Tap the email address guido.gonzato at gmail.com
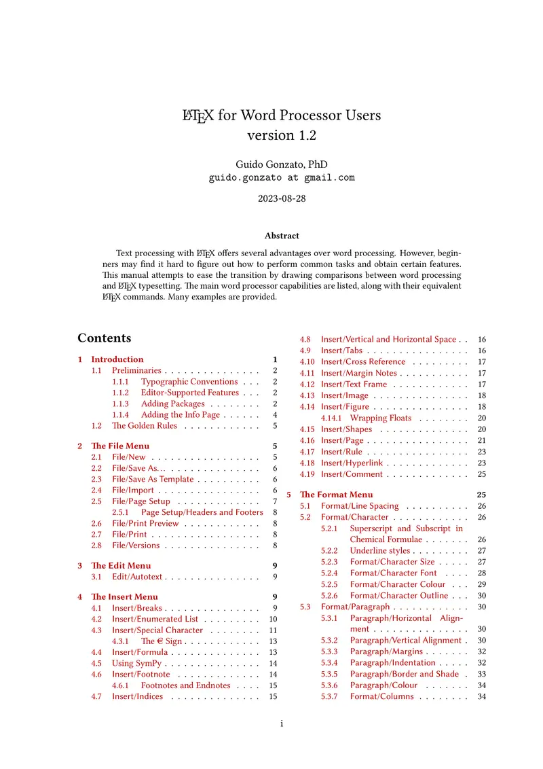[282, 178]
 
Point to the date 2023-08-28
[282, 199]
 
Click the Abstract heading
[282, 236]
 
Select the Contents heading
[104, 338]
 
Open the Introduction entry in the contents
[117, 359]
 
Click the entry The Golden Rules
[145, 426]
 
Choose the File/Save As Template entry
[153, 480]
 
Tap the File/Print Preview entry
[145, 524]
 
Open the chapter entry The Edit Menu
[121, 565]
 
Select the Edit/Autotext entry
[137, 577]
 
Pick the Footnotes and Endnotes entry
[185, 685]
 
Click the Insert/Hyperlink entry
[352, 463]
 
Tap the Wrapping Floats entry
[381, 418]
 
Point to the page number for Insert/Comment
[482, 474]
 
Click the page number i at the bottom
[282, 724]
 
